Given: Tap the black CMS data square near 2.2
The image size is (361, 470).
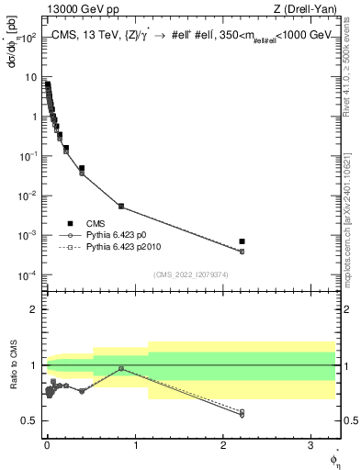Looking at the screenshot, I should tap(242, 241).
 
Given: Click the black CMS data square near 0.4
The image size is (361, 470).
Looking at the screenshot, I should tap(82, 169).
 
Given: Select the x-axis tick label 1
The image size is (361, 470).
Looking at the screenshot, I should tap(137, 443).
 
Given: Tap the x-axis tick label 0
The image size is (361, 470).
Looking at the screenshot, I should tap(48, 443).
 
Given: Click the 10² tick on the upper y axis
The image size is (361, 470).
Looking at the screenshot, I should tap(30, 39).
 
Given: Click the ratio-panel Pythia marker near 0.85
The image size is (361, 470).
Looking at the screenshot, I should tap(121, 368).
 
